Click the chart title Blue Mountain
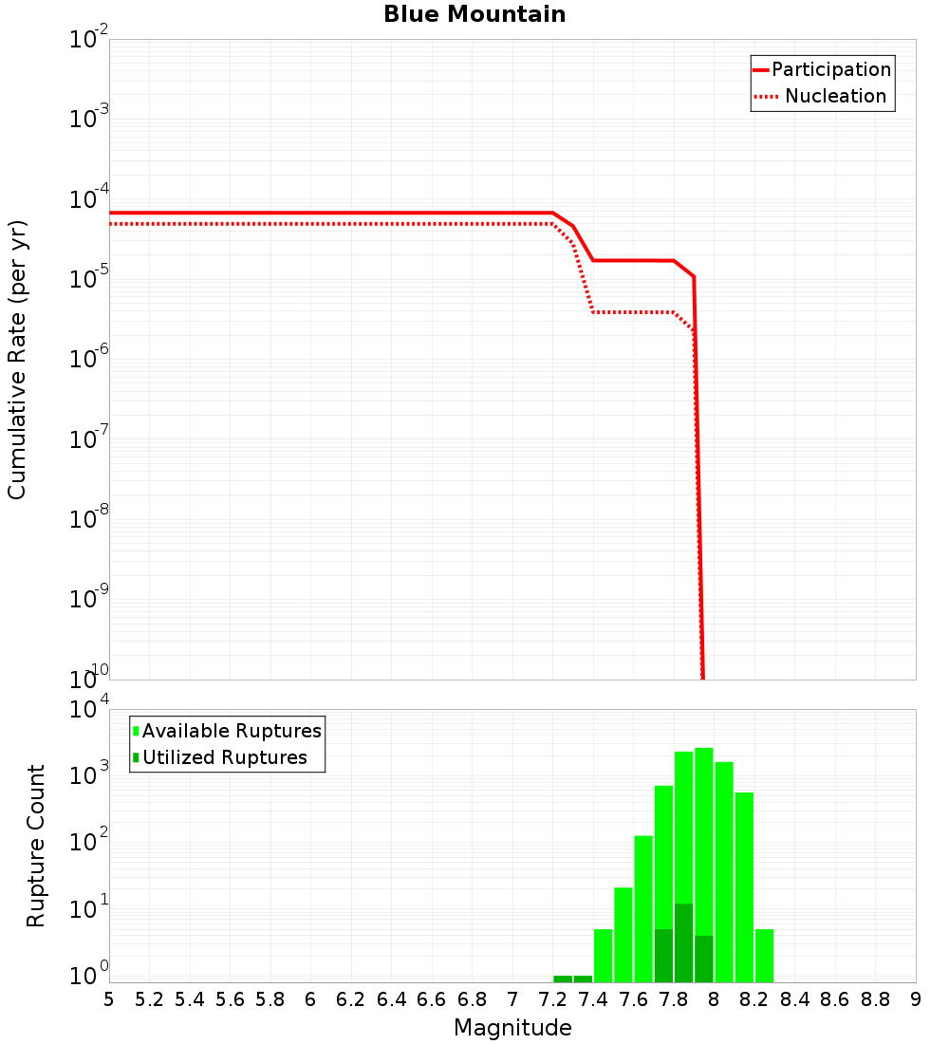474,15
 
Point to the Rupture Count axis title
36,846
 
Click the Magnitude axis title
512,1028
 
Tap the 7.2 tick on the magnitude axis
552,999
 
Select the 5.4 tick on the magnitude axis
190,999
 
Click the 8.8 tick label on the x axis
875,999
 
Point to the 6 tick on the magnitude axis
310,999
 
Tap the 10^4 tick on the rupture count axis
88,711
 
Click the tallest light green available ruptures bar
704,854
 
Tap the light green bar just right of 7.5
623,935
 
